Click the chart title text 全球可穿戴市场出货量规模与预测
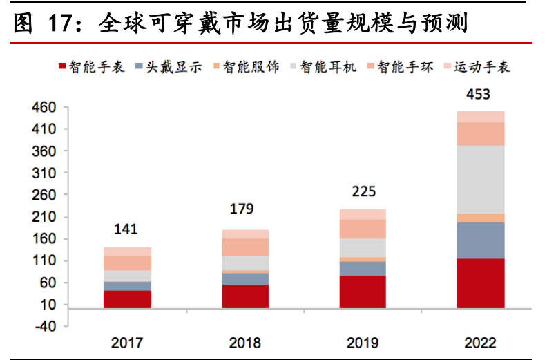(283, 24)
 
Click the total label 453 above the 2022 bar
(479, 95)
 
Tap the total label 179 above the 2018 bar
(244, 208)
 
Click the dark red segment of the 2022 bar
(480, 283)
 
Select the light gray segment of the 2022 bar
(480, 179)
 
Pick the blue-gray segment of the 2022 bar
(480, 240)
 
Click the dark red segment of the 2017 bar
(127, 299)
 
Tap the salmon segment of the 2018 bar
(245, 247)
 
